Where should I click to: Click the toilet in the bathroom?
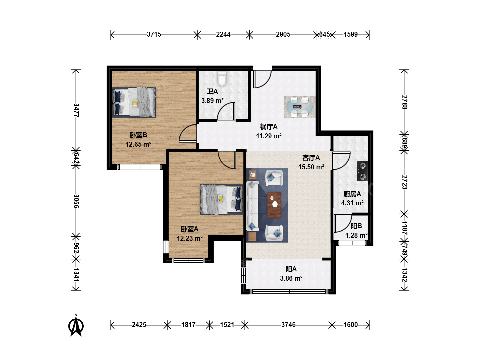pyautogui.click(x=222, y=78)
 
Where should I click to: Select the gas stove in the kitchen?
pyautogui.click(x=362, y=171)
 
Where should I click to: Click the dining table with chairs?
pyautogui.click(x=299, y=107)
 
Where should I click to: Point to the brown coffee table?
pyautogui.click(x=274, y=205)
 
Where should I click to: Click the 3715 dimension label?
pyautogui.click(x=154, y=34)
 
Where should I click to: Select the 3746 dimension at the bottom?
pyautogui.click(x=288, y=325)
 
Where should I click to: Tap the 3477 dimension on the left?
pyautogui.click(x=76, y=110)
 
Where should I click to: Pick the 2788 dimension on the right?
pyautogui.click(x=404, y=102)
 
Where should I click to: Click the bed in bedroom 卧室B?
pyautogui.click(x=134, y=102)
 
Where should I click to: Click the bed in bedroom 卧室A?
pyautogui.click(x=222, y=199)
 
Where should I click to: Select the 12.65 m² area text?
pyautogui.click(x=138, y=144)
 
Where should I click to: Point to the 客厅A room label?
pyautogui.click(x=311, y=158)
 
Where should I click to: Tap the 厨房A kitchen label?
pyautogui.click(x=352, y=194)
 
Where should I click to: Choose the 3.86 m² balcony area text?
pyautogui.click(x=291, y=278)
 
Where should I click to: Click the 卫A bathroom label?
pyautogui.click(x=212, y=91)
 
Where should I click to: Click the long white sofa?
pyautogui.click(x=253, y=206)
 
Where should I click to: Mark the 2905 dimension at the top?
pyautogui.click(x=283, y=34)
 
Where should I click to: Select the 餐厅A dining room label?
pyautogui.click(x=269, y=127)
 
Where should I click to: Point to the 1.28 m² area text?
pyautogui.click(x=356, y=235)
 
